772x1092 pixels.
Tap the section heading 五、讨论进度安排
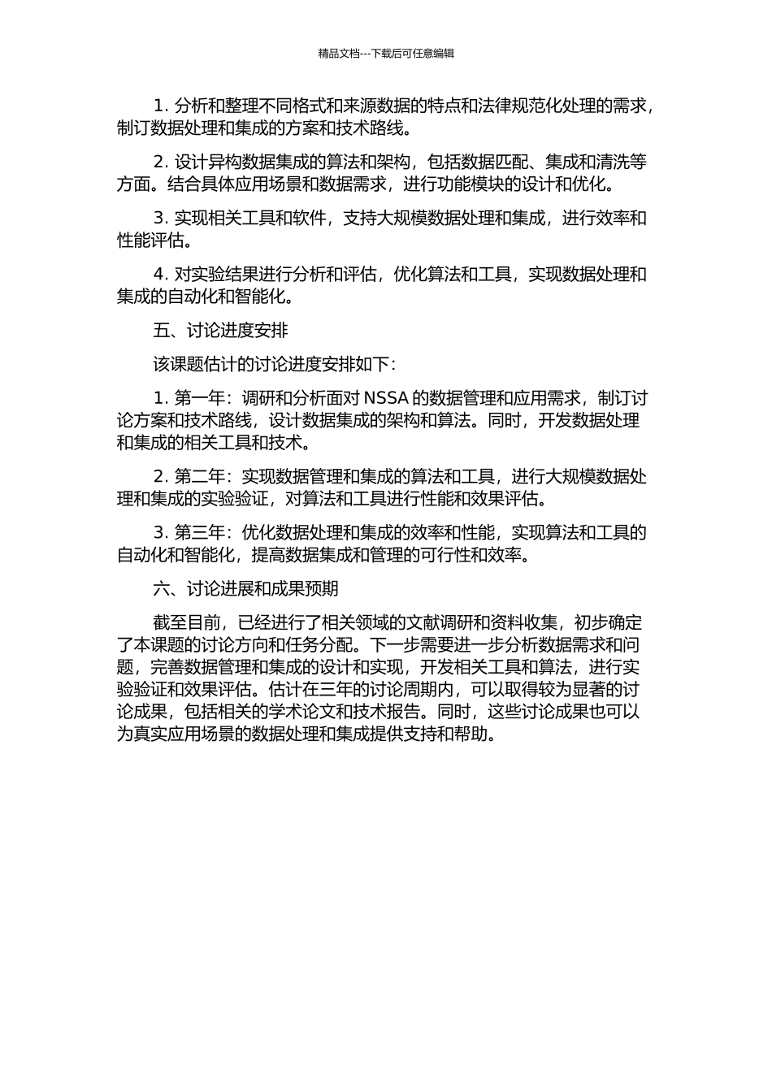pos(220,331)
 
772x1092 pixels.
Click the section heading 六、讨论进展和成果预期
pos(245,589)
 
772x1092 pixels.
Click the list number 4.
pos(159,275)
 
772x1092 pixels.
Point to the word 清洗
pos(613,162)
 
